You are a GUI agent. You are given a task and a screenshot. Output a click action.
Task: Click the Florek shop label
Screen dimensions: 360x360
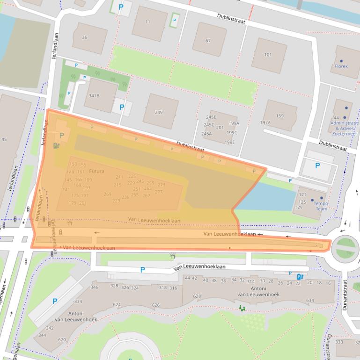pos(341,66)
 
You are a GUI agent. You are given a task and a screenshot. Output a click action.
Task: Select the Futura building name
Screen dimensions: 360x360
pos(96,171)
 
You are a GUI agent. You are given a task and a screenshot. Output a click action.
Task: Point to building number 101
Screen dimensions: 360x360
pos(268,55)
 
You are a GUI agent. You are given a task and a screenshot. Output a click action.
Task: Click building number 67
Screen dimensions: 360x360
pos(208,41)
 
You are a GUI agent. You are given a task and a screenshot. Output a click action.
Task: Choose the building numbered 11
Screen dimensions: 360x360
pos(148,22)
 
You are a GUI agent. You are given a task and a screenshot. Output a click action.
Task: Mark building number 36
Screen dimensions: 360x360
pos(85,37)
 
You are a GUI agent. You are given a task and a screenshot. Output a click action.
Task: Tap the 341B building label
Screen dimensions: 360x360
pos(94,96)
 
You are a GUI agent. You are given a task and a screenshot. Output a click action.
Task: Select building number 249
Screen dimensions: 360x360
pos(159,112)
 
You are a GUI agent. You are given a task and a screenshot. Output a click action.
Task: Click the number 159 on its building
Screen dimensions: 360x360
pos(279,116)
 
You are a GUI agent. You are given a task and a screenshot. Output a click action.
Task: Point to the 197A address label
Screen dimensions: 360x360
pos(265,122)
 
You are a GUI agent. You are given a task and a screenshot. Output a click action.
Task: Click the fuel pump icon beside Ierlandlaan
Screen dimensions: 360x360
pos(57,145)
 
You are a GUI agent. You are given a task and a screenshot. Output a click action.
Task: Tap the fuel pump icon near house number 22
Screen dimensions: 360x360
pos(299,276)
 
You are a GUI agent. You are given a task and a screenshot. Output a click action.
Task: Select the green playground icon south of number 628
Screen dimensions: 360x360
pos(242,308)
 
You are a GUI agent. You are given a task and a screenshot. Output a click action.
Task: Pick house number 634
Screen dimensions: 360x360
pos(310,300)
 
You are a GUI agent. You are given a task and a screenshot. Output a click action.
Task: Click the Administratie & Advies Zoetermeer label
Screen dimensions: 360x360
pos(344,128)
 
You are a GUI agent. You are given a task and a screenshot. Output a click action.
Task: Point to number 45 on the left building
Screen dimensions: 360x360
pos(4,139)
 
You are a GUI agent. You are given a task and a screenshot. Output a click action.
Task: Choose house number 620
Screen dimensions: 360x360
pos(62,339)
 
